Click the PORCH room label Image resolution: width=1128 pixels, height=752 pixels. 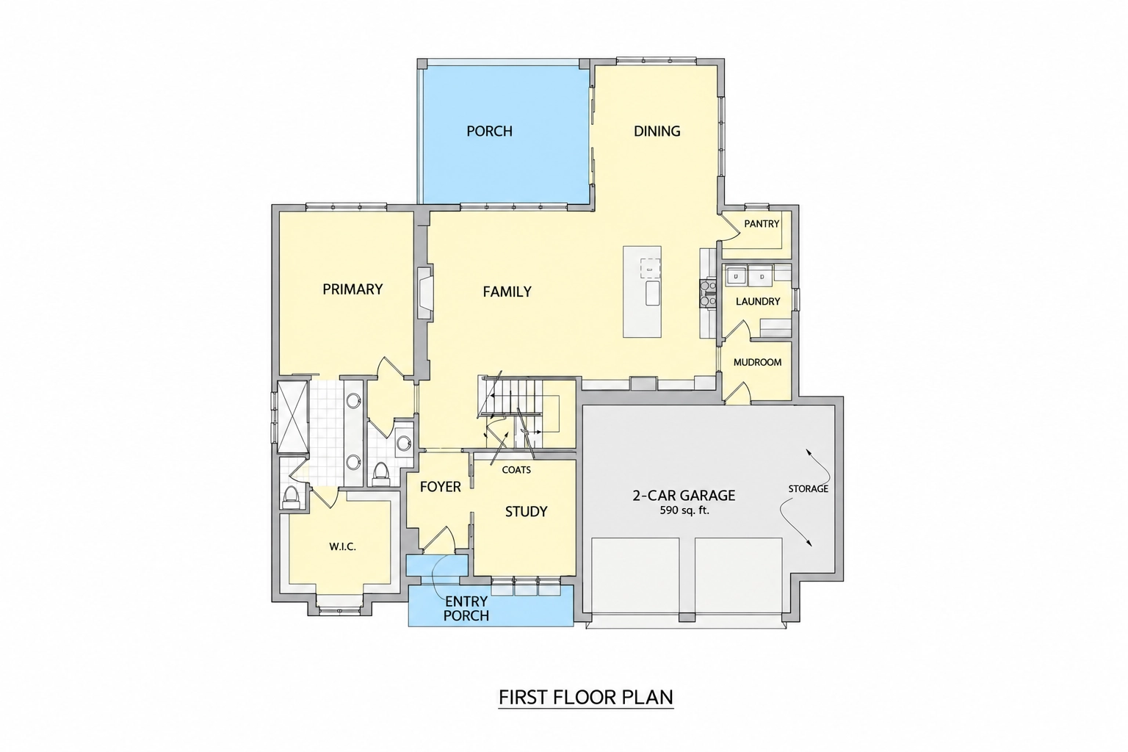click(x=489, y=131)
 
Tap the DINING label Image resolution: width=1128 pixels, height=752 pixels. click(x=657, y=131)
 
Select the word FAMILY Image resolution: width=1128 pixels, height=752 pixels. click(x=507, y=292)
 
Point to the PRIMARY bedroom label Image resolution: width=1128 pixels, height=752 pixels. click(x=352, y=289)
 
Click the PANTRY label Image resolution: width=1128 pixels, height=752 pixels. click(x=762, y=224)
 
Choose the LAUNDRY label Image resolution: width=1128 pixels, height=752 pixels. click(x=758, y=301)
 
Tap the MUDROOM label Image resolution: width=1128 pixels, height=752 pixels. click(x=757, y=362)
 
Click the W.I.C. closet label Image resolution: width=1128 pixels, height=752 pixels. click(x=342, y=546)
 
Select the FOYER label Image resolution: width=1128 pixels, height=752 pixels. click(x=440, y=487)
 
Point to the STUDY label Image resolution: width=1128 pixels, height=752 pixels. click(x=526, y=512)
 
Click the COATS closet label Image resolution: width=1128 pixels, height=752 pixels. click(x=516, y=470)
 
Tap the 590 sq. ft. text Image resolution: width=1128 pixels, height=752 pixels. click(x=684, y=510)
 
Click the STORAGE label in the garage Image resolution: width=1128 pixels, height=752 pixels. click(x=808, y=488)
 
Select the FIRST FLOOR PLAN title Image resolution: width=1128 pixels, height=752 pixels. click(x=585, y=697)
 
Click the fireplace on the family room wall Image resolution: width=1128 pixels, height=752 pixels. click(x=425, y=293)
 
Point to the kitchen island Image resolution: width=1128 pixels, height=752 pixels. click(x=642, y=292)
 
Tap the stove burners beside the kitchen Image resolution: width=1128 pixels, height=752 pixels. click(x=707, y=294)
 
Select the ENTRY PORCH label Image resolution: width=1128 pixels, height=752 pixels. click(x=466, y=609)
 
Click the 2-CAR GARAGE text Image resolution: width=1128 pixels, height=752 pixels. click(x=684, y=495)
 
